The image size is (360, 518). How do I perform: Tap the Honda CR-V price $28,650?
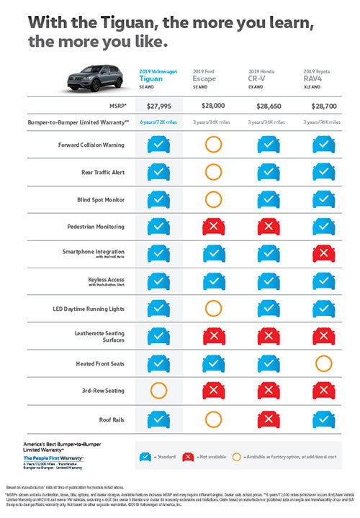click(x=268, y=104)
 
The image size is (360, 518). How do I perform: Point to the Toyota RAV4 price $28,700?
click(x=323, y=104)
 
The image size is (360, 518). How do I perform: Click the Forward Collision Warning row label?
click(x=90, y=145)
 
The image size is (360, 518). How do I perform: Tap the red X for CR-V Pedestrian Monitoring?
click(x=268, y=227)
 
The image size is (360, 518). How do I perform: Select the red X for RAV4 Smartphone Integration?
click(x=323, y=254)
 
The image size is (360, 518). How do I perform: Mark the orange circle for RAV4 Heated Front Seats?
click(x=323, y=363)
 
